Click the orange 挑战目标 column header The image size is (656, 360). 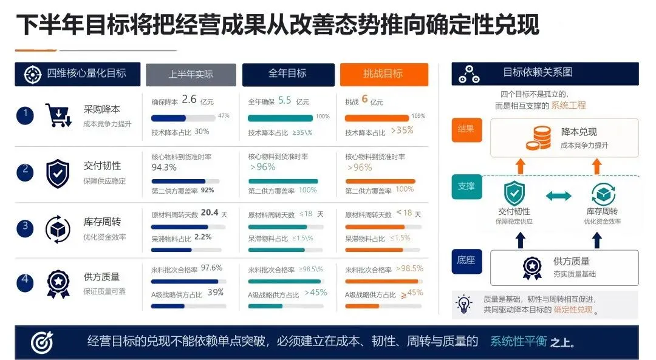tap(384, 75)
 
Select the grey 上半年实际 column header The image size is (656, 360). tap(191, 75)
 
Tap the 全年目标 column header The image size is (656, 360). tap(289, 75)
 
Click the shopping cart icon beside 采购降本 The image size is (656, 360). tap(58, 115)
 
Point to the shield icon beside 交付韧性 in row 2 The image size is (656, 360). tap(58, 174)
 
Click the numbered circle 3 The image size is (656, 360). tap(25, 228)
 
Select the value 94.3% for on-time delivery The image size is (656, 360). tap(164, 168)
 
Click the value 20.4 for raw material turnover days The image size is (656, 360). tap(210, 213)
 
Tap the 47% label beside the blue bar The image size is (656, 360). tap(224, 115)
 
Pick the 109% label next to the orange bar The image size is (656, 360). tap(419, 116)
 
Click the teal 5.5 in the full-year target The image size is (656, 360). tap(284, 100)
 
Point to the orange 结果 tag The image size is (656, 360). tap(466, 130)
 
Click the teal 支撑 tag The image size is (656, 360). tap(466, 186)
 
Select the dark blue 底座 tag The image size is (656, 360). tap(466, 261)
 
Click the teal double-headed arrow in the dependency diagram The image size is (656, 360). tap(559, 195)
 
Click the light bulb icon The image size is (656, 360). tap(464, 304)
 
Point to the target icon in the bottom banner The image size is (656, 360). tap(43, 342)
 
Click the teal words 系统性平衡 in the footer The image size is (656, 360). tap(519, 342)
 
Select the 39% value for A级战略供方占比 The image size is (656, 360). tap(216, 292)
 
